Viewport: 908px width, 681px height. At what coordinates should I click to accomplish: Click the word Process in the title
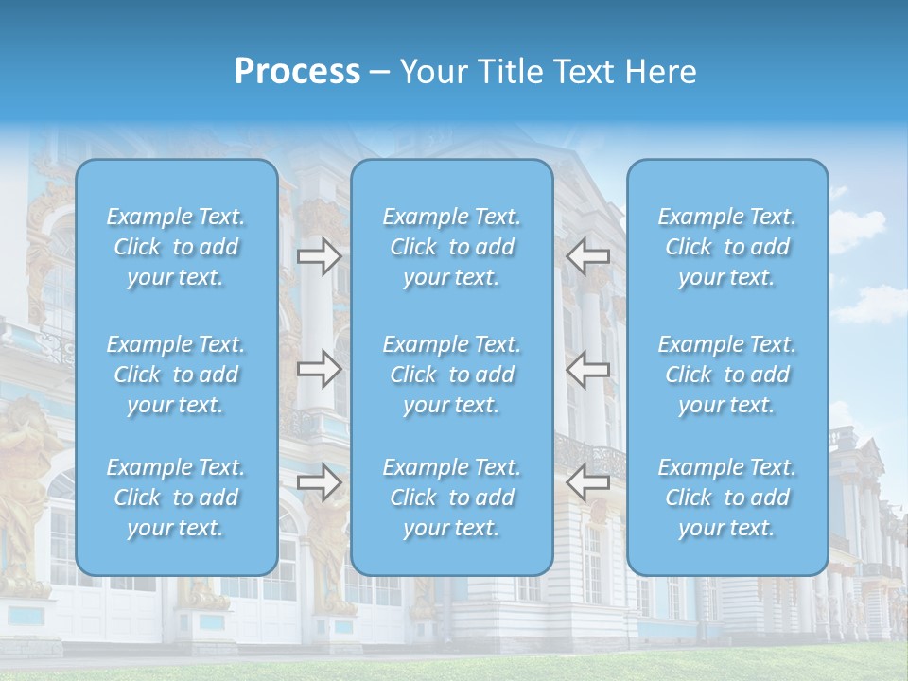(x=297, y=72)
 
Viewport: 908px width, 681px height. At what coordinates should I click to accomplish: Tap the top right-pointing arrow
(x=319, y=255)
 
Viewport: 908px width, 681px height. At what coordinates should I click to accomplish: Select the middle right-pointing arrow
(x=319, y=369)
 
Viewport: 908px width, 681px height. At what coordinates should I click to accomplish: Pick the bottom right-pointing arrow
(x=319, y=481)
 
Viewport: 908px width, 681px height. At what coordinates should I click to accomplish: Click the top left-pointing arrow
(x=588, y=255)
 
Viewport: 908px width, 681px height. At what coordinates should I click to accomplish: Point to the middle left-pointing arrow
(x=588, y=369)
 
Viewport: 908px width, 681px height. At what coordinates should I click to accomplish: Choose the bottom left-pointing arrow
(x=588, y=481)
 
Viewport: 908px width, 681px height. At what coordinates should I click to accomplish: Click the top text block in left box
(x=176, y=247)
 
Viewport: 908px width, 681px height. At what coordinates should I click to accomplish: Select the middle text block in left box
(x=176, y=375)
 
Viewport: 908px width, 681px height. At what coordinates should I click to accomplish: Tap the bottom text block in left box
(x=176, y=498)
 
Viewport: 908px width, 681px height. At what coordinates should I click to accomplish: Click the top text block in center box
(x=452, y=247)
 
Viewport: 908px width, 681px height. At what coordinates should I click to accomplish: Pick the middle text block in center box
(x=452, y=375)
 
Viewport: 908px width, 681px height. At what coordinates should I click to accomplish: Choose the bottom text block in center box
(x=452, y=498)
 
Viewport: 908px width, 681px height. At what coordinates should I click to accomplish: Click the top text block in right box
(x=727, y=247)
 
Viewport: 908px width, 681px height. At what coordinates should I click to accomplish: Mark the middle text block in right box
(x=727, y=375)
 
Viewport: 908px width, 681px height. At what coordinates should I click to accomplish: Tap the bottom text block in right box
(x=727, y=498)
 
